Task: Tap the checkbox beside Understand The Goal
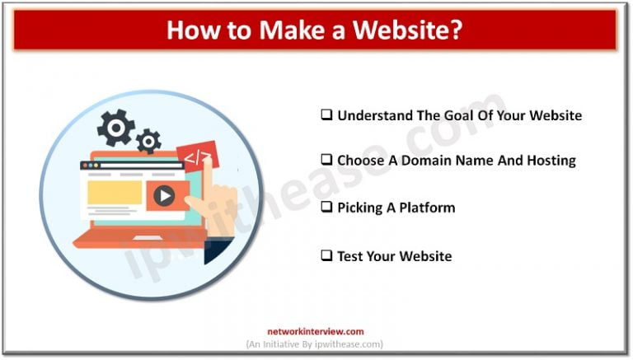click(326, 115)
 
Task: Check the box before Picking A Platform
click(326, 208)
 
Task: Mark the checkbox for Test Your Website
click(326, 256)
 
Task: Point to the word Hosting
click(547, 161)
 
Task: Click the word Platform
click(428, 208)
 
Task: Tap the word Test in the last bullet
click(351, 256)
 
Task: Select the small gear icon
click(149, 141)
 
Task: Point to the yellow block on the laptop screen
click(115, 192)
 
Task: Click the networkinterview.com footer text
click(316, 330)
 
